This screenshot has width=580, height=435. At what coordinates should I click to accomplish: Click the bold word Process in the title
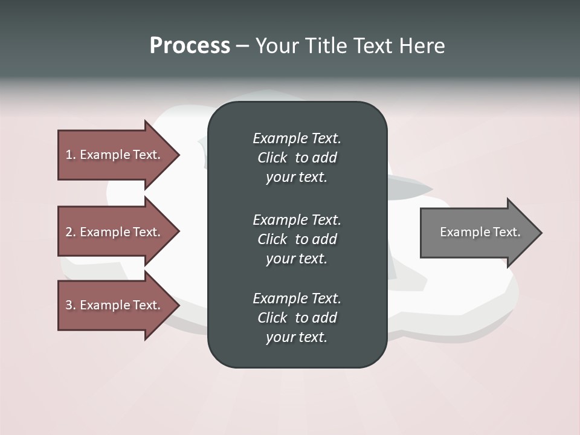190,46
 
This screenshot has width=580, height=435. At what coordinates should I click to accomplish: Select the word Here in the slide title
422,46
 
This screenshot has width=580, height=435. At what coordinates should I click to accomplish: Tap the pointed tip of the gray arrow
540,233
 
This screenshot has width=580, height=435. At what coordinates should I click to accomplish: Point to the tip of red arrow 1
178,155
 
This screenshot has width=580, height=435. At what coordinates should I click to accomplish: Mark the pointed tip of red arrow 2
178,232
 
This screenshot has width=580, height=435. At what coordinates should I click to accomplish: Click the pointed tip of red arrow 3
178,305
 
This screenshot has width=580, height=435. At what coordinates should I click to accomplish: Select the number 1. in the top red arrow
70,155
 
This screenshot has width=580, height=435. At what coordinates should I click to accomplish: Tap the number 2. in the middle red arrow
70,232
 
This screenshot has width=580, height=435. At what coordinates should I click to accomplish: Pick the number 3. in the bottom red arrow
70,305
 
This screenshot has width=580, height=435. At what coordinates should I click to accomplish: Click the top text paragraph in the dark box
297,158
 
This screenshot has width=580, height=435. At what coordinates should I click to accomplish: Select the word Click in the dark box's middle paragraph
272,239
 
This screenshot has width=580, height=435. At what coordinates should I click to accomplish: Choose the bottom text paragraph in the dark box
297,318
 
